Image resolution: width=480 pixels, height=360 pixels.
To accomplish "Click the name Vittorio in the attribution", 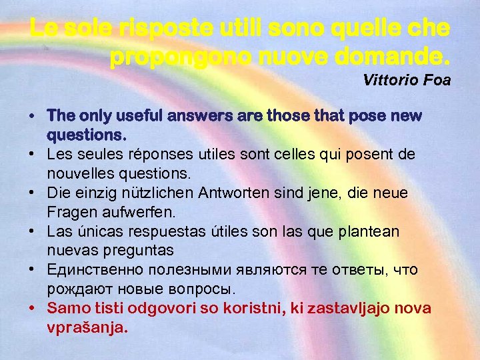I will pos(391,81).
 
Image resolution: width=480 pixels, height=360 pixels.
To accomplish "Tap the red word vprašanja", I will pos(87,328).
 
